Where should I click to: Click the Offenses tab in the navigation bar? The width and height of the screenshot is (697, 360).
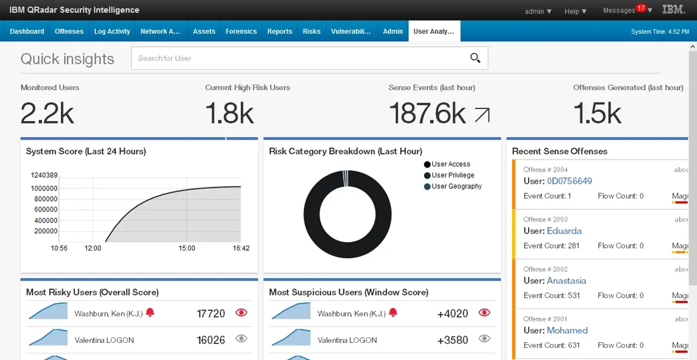click(x=69, y=32)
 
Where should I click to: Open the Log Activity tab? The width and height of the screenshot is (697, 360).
click(x=112, y=32)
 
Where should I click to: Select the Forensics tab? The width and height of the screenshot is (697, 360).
click(x=241, y=32)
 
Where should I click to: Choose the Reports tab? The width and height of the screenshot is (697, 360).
click(x=279, y=32)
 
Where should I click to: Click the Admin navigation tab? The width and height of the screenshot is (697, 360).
click(x=393, y=32)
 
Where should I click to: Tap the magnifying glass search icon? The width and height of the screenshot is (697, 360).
click(x=475, y=58)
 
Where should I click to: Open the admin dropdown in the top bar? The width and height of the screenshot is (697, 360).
click(x=538, y=11)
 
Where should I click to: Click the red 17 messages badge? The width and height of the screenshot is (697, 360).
click(x=641, y=8)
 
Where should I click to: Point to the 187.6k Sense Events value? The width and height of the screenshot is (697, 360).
click(x=427, y=113)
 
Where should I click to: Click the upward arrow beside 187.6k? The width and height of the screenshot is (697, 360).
click(x=482, y=115)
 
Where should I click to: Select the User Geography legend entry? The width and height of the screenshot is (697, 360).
click(x=457, y=187)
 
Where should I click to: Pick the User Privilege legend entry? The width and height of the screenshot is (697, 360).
click(x=453, y=176)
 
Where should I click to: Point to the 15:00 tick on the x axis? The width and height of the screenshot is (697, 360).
click(x=187, y=248)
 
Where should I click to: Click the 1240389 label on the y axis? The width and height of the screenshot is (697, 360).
click(x=44, y=175)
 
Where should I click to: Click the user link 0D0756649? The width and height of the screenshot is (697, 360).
click(x=569, y=181)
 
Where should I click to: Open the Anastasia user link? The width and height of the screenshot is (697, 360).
click(x=566, y=281)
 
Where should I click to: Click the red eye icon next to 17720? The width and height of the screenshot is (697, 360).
click(x=241, y=313)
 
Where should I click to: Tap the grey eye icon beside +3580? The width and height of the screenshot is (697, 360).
click(x=484, y=339)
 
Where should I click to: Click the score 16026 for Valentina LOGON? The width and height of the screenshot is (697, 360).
click(x=211, y=340)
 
